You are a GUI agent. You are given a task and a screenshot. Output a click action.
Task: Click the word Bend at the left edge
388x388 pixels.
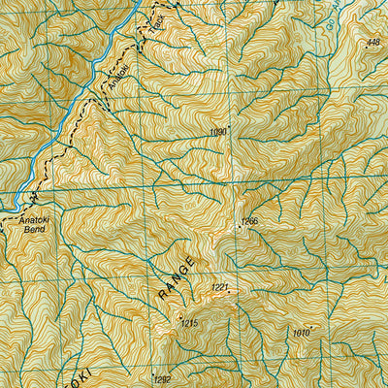(x=34, y=232)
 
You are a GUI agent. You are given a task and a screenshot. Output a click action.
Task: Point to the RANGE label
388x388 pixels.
(x=178, y=277)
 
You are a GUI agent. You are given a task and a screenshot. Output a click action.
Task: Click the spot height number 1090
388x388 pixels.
(x=217, y=132)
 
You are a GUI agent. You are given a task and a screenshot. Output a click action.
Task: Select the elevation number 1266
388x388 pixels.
(x=251, y=222)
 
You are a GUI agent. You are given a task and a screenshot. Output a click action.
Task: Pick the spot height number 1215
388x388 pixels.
(x=189, y=323)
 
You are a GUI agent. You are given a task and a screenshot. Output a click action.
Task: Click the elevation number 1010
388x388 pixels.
(x=299, y=333)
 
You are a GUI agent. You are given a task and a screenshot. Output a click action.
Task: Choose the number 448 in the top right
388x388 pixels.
(x=373, y=43)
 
